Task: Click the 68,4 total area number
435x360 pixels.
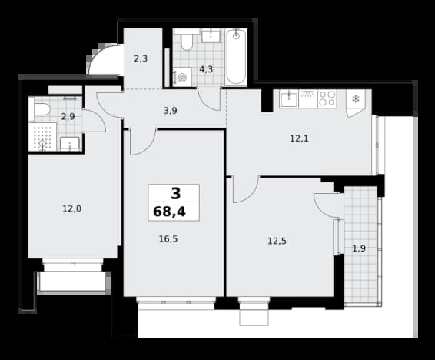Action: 169,212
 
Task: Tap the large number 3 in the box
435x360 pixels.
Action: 175,194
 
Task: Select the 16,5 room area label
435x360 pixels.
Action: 168,238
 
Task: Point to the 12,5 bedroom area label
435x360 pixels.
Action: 277,241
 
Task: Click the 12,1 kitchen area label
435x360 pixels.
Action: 299,138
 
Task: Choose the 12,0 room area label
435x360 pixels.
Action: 71,208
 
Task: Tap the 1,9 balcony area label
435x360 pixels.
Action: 359,248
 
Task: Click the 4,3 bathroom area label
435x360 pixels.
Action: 206,69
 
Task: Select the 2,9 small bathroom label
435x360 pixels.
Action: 68,117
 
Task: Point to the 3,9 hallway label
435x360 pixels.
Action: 171,111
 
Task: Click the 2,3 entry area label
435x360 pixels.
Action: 141,58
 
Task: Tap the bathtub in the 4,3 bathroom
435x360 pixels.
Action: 236,57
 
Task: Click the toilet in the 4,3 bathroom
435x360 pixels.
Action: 187,41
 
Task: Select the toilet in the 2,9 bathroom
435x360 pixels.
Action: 41,109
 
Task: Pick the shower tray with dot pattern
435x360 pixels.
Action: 42,137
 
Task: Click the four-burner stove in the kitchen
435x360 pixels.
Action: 327,98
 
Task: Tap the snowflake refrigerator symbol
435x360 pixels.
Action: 356,98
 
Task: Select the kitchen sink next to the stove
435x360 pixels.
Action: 289,99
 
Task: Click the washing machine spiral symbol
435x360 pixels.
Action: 183,77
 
